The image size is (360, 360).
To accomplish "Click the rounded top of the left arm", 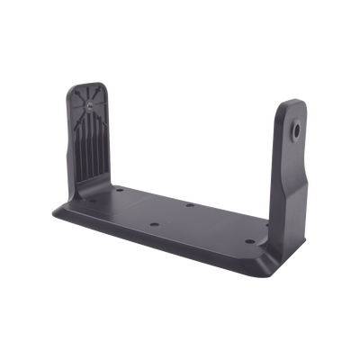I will [91, 86].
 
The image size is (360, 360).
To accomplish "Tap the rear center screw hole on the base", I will [191, 205].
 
